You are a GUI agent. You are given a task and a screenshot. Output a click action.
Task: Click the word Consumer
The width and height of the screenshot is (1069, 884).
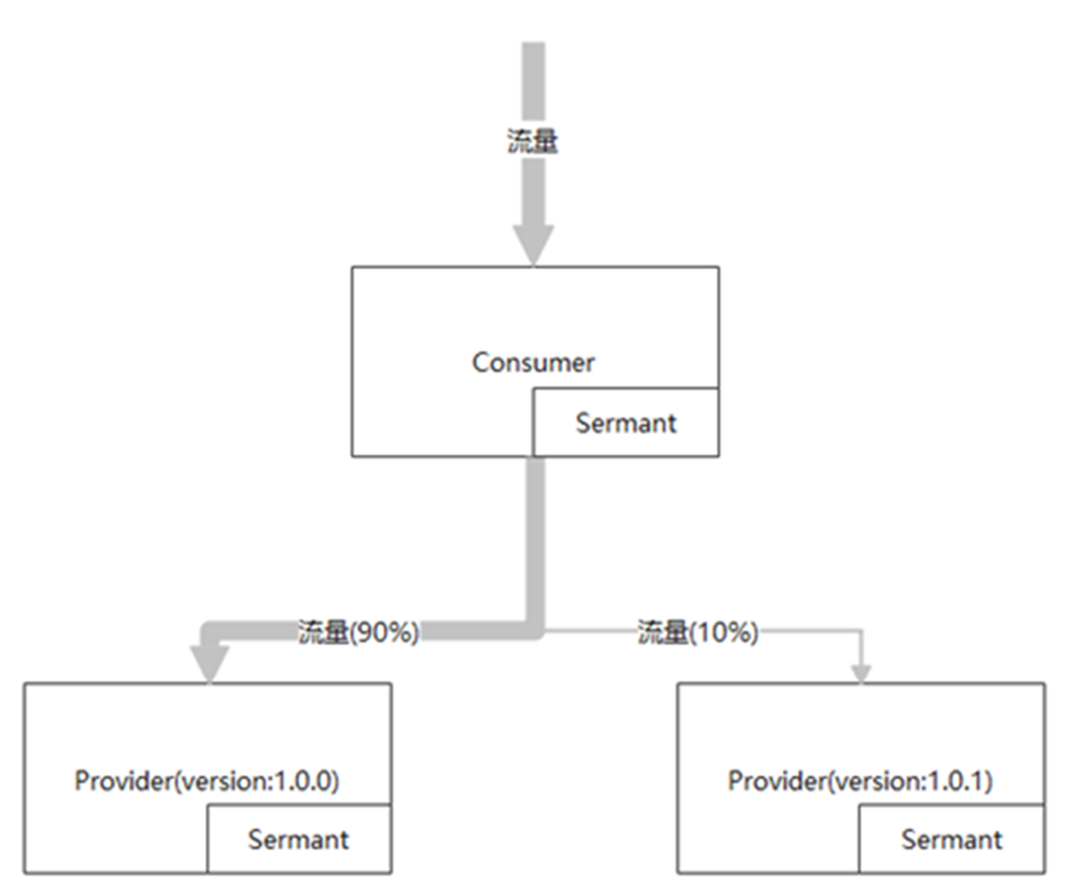coord(533,363)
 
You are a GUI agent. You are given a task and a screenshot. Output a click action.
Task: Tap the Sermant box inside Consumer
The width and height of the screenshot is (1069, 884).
coord(626,422)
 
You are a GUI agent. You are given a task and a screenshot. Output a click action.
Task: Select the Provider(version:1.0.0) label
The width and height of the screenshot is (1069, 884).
coord(206,781)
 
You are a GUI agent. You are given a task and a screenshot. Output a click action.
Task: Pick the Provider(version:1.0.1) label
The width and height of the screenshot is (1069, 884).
coord(860,781)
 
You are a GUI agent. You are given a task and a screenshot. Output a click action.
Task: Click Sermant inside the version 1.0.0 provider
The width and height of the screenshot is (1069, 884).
coord(299,839)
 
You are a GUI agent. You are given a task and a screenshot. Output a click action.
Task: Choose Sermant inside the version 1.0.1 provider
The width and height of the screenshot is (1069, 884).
coord(952,839)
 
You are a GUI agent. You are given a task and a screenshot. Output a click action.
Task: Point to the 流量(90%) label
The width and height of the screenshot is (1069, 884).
coord(358,633)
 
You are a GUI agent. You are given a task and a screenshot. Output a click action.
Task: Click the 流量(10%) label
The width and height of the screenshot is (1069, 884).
coord(698,633)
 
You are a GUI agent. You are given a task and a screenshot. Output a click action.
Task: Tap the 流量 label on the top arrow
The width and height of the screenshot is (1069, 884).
coord(532,141)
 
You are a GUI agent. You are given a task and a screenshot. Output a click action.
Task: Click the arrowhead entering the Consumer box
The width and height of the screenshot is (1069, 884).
coord(534,246)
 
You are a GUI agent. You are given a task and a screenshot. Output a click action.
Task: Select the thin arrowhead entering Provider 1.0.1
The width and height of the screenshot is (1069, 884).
coord(862,673)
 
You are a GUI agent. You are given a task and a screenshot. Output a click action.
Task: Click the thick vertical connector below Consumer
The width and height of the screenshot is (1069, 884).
coord(535,542)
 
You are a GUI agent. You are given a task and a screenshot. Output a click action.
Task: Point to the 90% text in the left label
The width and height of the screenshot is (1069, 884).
coord(385,633)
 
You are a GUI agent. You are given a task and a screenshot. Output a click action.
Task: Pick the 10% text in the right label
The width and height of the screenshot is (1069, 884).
coord(724,633)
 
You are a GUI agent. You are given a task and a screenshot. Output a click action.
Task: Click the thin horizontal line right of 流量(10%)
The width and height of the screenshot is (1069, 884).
coord(810,631)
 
